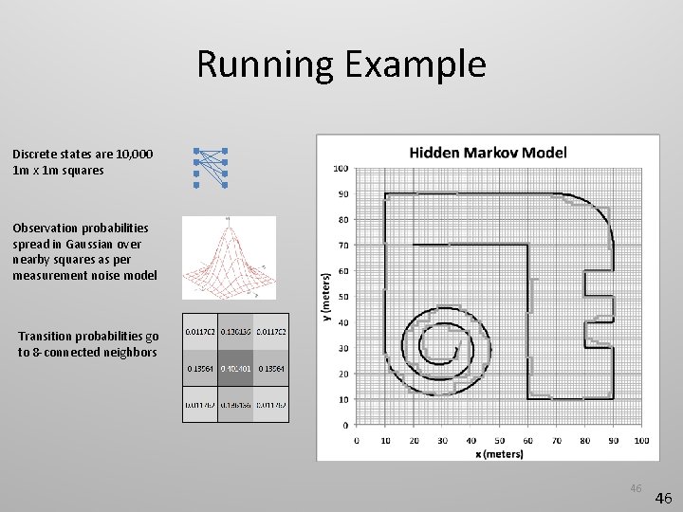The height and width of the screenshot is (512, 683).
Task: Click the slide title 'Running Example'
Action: coord(341,64)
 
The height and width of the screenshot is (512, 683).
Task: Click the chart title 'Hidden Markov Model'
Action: coord(488,152)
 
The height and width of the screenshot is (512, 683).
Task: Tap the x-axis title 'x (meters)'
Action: coord(499,453)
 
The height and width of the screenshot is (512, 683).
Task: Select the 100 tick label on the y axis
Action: coord(341,169)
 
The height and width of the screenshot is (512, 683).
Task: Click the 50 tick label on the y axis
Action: coord(342,297)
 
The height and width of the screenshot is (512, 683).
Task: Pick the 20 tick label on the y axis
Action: coord(342,374)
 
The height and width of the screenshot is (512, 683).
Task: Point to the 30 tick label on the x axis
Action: coord(442,440)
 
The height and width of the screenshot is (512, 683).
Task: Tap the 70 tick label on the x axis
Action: coord(556,440)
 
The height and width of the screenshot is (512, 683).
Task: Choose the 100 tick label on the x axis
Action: coord(641,440)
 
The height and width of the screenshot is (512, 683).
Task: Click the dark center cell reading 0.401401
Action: coord(235,368)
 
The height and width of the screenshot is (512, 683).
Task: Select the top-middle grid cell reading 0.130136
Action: coord(235,332)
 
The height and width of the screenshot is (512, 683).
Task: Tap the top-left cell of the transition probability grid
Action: coord(199,332)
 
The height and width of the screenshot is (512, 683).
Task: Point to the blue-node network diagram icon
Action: coord(211,167)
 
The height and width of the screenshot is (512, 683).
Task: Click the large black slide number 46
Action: coord(664,498)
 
